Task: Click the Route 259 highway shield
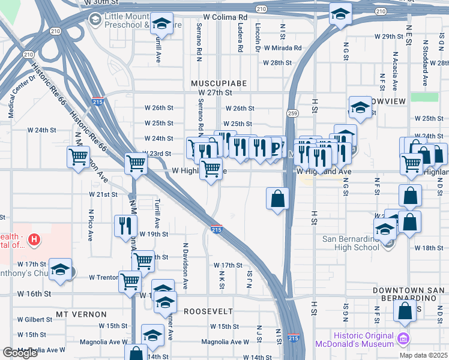pos(292,113)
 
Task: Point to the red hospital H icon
pos(35,240)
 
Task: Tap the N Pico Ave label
pos(91,224)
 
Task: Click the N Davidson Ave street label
pos(185,268)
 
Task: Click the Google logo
pos(20,353)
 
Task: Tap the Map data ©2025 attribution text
pos(423,355)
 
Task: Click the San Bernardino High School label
pos(351,243)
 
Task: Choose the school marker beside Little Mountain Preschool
pos(161,24)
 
